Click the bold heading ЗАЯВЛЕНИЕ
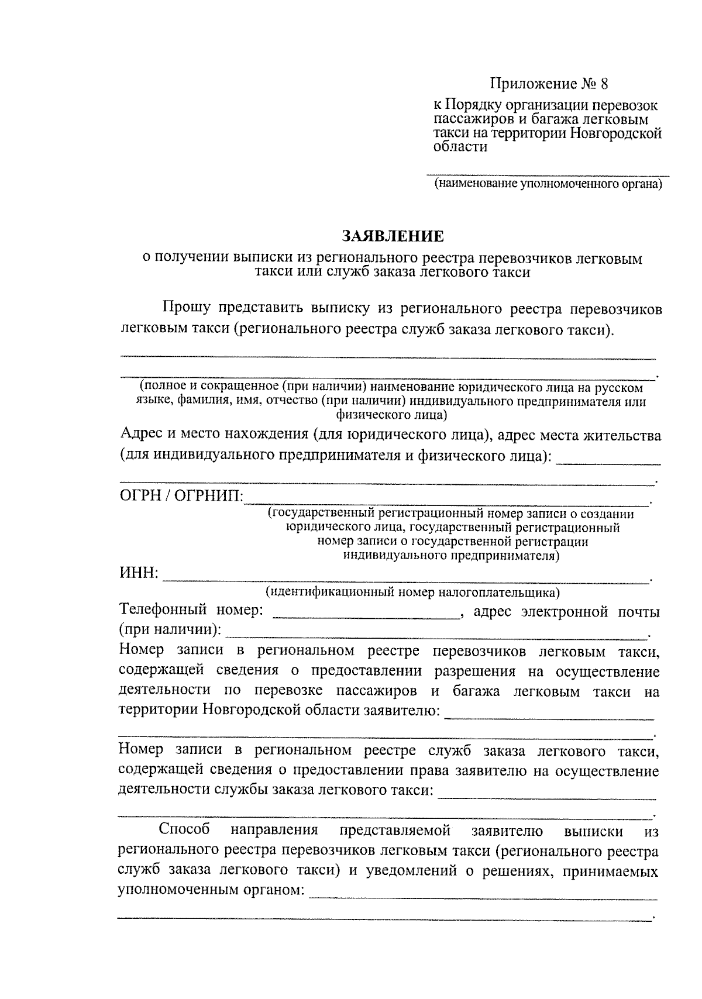(393, 236)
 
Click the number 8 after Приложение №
(604, 84)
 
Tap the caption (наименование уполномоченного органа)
(548, 185)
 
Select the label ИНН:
(139, 573)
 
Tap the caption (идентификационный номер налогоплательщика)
(413, 592)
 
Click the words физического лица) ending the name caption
(391, 415)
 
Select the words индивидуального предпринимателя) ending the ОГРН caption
(450, 556)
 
